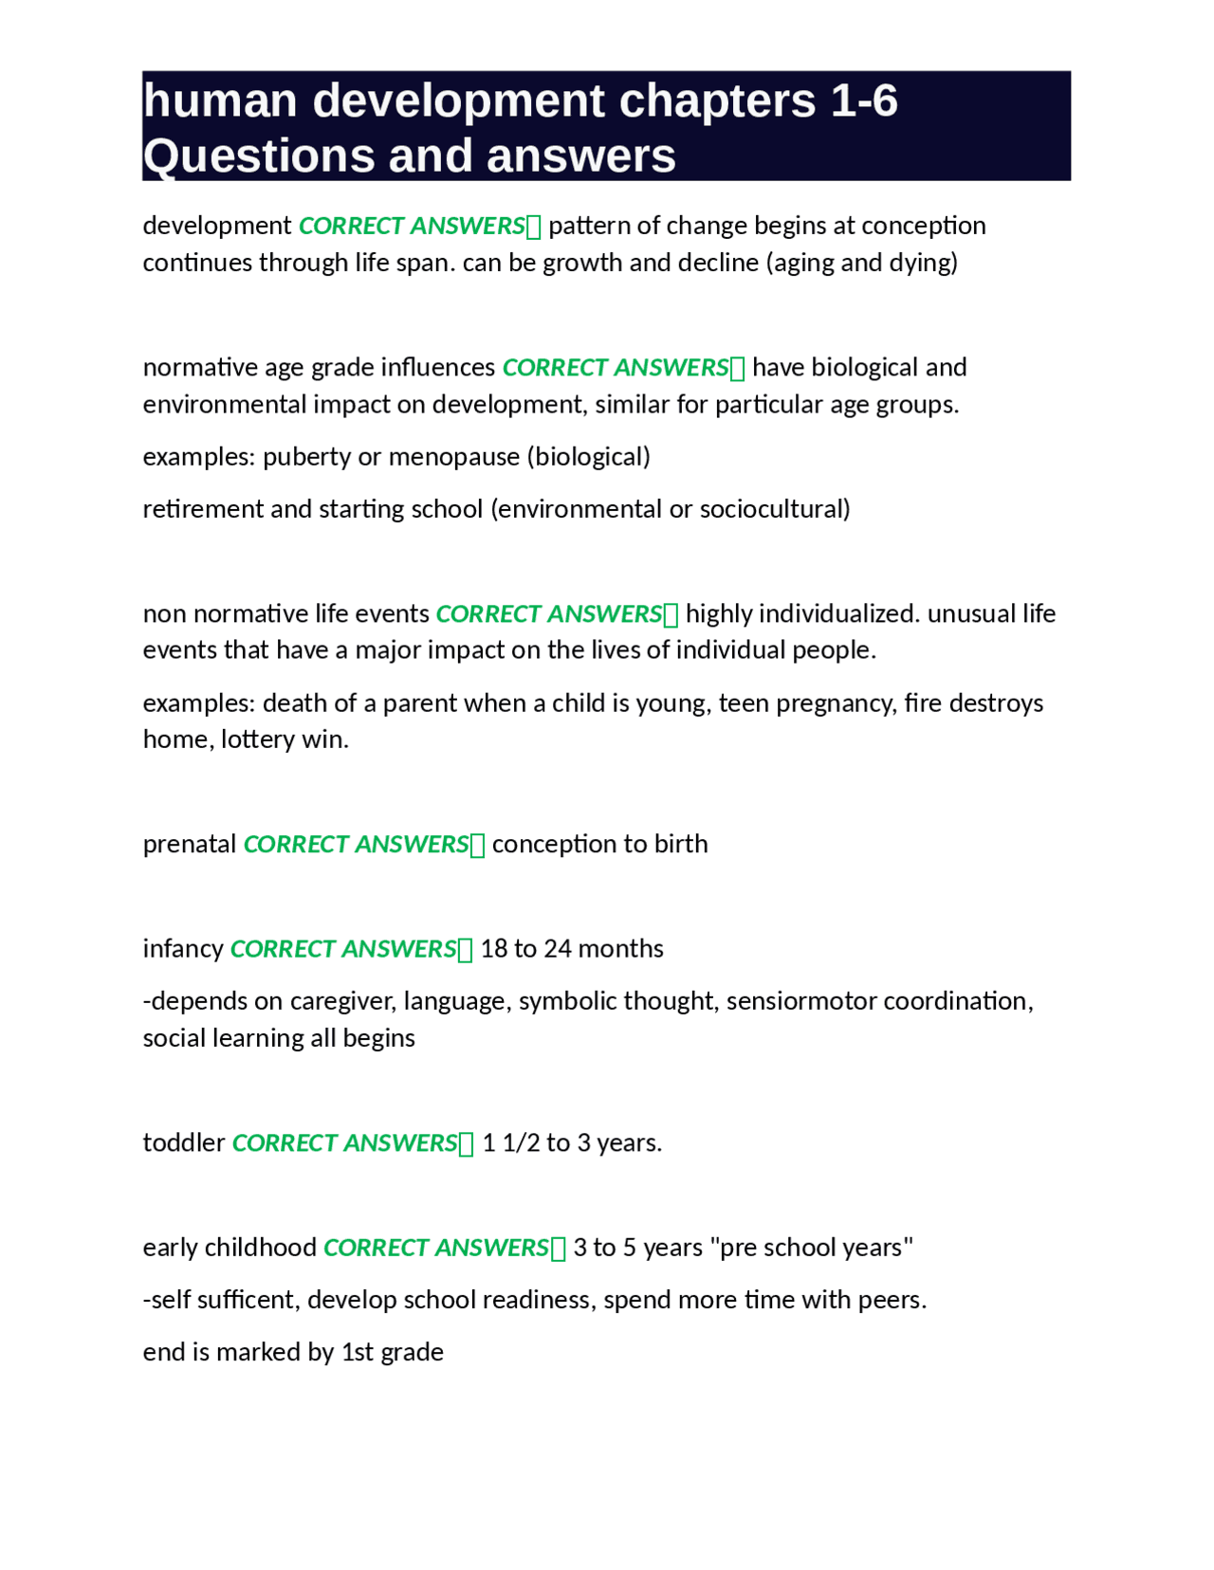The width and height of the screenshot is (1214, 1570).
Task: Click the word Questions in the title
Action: click(x=248, y=155)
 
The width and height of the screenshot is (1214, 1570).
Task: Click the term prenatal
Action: click(x=190, y=845)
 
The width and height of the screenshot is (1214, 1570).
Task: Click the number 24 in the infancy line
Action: click(x=557, y=949)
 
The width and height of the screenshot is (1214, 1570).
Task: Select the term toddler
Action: click(x=184, y=1143)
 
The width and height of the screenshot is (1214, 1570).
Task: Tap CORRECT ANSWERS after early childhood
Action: click(x=436, y=1248)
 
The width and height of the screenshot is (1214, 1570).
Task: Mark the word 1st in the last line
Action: click(x=358, y=1352)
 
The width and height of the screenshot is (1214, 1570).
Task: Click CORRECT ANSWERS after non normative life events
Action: click(x=548, y=614)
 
